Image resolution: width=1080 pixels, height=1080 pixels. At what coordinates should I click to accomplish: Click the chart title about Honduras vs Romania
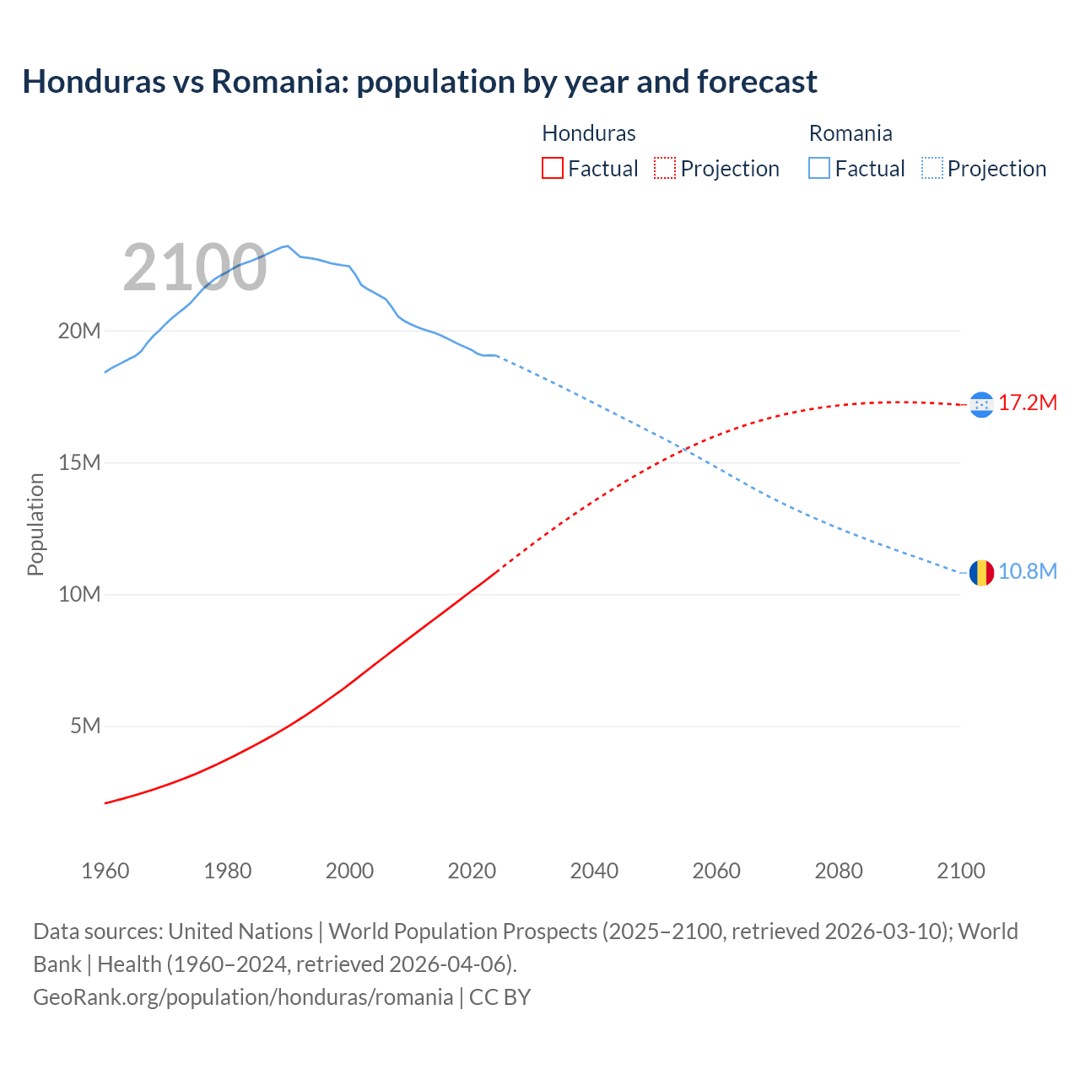419,82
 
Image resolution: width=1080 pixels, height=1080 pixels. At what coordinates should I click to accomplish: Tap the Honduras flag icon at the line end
981,405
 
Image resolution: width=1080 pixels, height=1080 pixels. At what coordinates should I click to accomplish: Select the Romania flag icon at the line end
981,573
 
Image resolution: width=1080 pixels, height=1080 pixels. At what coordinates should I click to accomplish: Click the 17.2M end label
1028,403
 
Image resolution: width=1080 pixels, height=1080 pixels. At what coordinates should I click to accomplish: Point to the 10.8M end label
1028,572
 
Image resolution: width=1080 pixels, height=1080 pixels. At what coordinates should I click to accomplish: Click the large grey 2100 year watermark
195,268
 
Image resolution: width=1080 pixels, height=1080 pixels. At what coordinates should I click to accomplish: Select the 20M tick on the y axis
79,332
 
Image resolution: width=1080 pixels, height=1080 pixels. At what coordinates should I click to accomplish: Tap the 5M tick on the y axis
85,726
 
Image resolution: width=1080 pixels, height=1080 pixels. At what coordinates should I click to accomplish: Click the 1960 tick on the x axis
105,871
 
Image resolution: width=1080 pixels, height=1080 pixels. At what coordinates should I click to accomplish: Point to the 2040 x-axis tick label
594,871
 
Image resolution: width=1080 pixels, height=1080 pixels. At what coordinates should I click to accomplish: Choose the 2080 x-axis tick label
839,871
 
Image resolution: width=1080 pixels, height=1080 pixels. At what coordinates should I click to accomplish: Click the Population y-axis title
35,524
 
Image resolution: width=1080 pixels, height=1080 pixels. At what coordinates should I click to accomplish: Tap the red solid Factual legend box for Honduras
553,168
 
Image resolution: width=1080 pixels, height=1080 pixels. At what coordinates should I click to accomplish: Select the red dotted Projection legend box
665,168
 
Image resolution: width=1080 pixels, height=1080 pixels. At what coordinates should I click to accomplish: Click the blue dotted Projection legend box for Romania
932,168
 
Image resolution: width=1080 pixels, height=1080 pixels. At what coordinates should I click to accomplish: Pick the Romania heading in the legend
850,133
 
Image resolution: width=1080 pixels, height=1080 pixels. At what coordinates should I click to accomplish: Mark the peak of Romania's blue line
288,246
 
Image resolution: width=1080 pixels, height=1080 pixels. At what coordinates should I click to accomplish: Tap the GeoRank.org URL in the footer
243,997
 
